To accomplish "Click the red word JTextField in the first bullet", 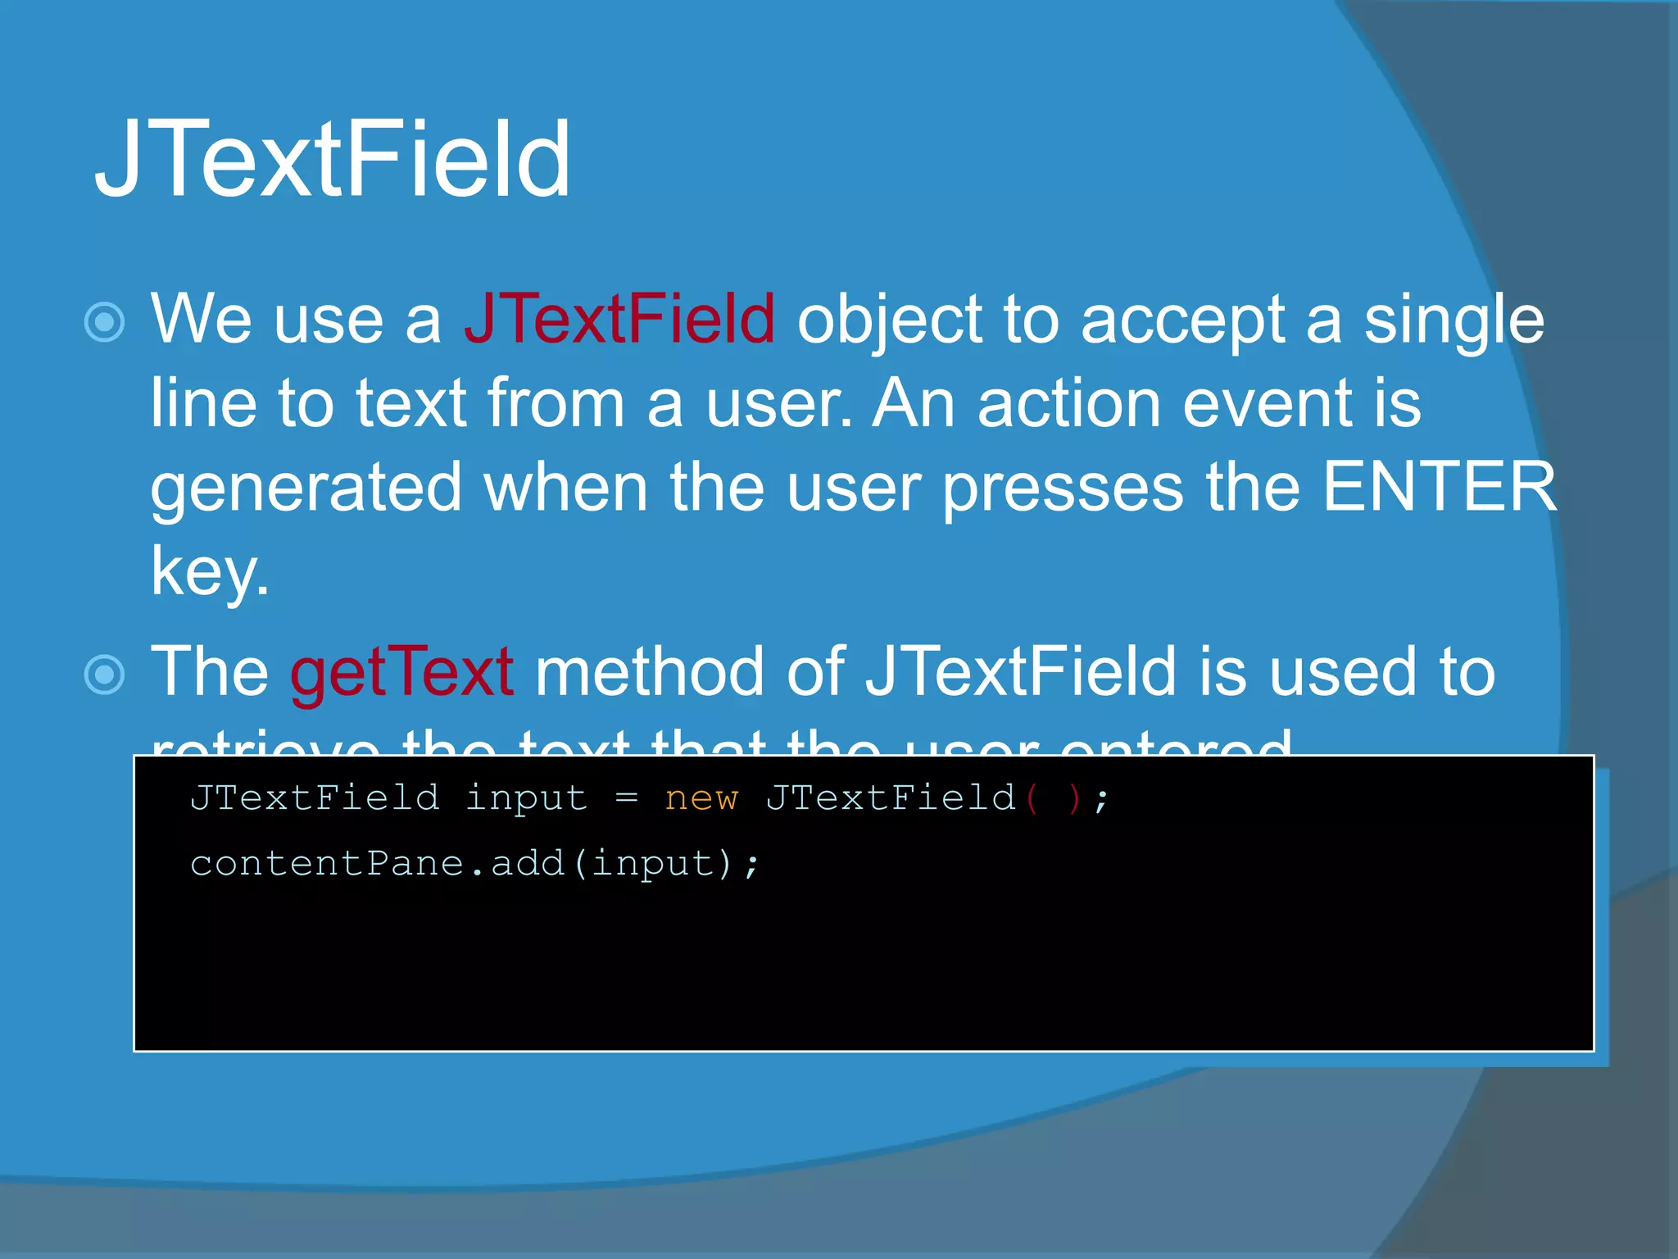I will [x=619, y=319].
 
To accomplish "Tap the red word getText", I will [x=401, y=672].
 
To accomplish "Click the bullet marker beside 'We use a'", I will [x=105, y=322].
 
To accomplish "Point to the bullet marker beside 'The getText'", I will [x=105, y=675].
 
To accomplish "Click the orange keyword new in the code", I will [x=701, y=798].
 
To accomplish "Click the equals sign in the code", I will [x=626, y=798].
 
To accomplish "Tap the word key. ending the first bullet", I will [x=210, y=571].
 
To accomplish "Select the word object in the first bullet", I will [x=888, y=320].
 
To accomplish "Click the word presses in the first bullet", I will [x=1063, y=488].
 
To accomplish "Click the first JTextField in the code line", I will [x=315, y=798].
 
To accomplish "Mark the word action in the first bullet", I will [x=1068, y=403].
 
